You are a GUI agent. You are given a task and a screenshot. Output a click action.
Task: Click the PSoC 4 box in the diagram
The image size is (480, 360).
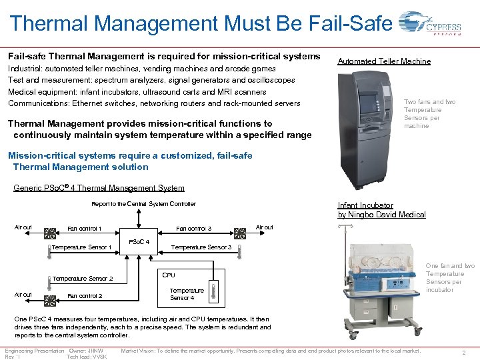pyautogui.click(x=138, y=241)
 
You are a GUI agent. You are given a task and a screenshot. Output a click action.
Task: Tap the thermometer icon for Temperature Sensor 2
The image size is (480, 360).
pyautogui.click(x=49, y=277)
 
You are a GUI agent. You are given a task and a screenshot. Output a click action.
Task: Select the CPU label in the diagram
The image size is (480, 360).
pyautogui.click(x=169, y=275)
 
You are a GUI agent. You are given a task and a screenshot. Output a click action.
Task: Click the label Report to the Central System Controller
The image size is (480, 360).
pyautogui.click(x=143, y=204)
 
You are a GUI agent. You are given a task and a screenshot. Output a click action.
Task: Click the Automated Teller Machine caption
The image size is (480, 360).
pyautogui.click(x=384, y=61)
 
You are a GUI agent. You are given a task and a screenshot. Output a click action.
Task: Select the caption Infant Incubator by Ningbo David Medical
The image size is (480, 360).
pyautogui.click(x=381, y=210)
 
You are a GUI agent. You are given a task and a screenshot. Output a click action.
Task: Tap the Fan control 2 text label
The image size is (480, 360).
pyautogui.click(x=85, y=296)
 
